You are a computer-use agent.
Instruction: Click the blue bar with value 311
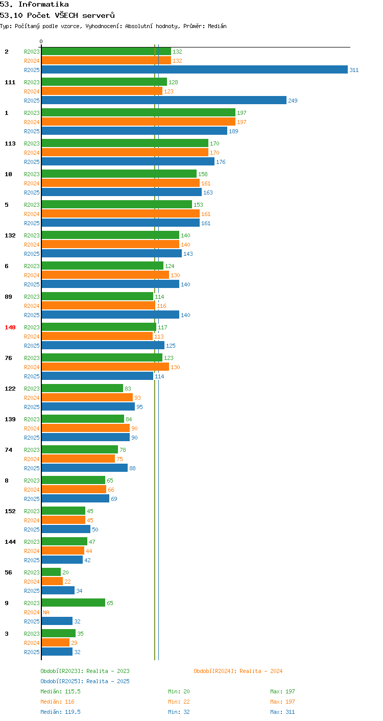(195, 69)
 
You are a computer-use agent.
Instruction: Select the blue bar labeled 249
(164, 100)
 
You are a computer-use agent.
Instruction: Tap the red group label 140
(10, 327)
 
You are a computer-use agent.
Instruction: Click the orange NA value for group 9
(46, 612)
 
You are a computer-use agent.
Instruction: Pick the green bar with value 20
(51, 572)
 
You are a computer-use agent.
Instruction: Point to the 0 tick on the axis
(41, 41)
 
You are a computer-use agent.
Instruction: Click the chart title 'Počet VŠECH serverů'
(71, 15)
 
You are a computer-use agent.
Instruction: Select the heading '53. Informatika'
(34, 4)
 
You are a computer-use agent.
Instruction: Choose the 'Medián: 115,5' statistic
(60, 691)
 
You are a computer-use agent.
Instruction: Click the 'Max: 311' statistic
(282, 712)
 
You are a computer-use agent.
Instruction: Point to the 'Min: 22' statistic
(179, 702)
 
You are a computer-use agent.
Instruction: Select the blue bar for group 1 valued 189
(134, 131)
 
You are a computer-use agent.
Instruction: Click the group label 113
(10, 143)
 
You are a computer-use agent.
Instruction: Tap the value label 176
(221, 162)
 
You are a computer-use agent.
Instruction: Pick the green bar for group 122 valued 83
(82, 388)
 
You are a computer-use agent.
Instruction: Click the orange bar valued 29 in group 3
(56, 642)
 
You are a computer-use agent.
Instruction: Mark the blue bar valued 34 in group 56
(58, 590)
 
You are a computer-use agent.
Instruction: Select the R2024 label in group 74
(32, 459)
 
